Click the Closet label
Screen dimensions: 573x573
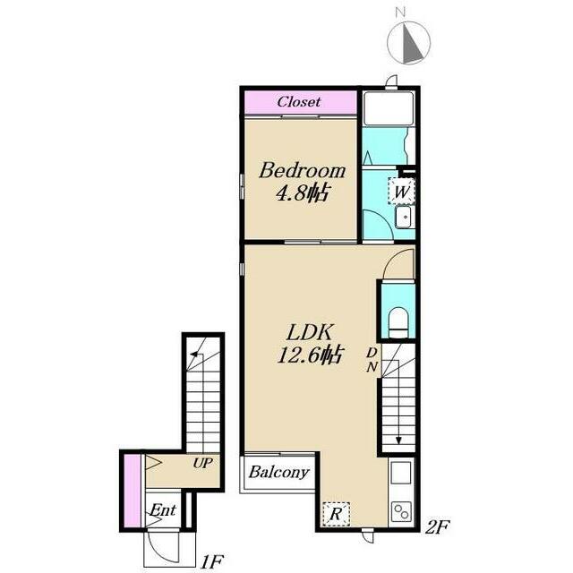[299, 101]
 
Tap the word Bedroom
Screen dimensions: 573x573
[302, 171]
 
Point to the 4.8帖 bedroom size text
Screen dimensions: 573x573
[301, 193]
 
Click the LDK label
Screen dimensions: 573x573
[310, 332]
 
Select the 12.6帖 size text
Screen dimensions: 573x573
[310, 355]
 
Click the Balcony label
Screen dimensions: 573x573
[278, 472]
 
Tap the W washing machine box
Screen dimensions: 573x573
[401, 191]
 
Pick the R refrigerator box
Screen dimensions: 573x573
[337, 514]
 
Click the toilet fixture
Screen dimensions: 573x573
[398, 322]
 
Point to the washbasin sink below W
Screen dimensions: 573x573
[404, 217]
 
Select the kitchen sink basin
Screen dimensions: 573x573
[401, 473]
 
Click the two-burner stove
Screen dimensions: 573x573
[401, 511]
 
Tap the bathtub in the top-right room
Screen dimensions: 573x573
[389, 109]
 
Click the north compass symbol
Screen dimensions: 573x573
[408, 41]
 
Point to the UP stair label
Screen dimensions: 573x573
[203, 464]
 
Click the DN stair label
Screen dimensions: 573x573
[372, 360]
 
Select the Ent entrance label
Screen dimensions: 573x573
[163, 509]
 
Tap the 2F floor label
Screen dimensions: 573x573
[438, 527]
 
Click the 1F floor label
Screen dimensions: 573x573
[211, 561]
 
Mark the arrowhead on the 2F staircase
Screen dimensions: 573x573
[398, 440]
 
